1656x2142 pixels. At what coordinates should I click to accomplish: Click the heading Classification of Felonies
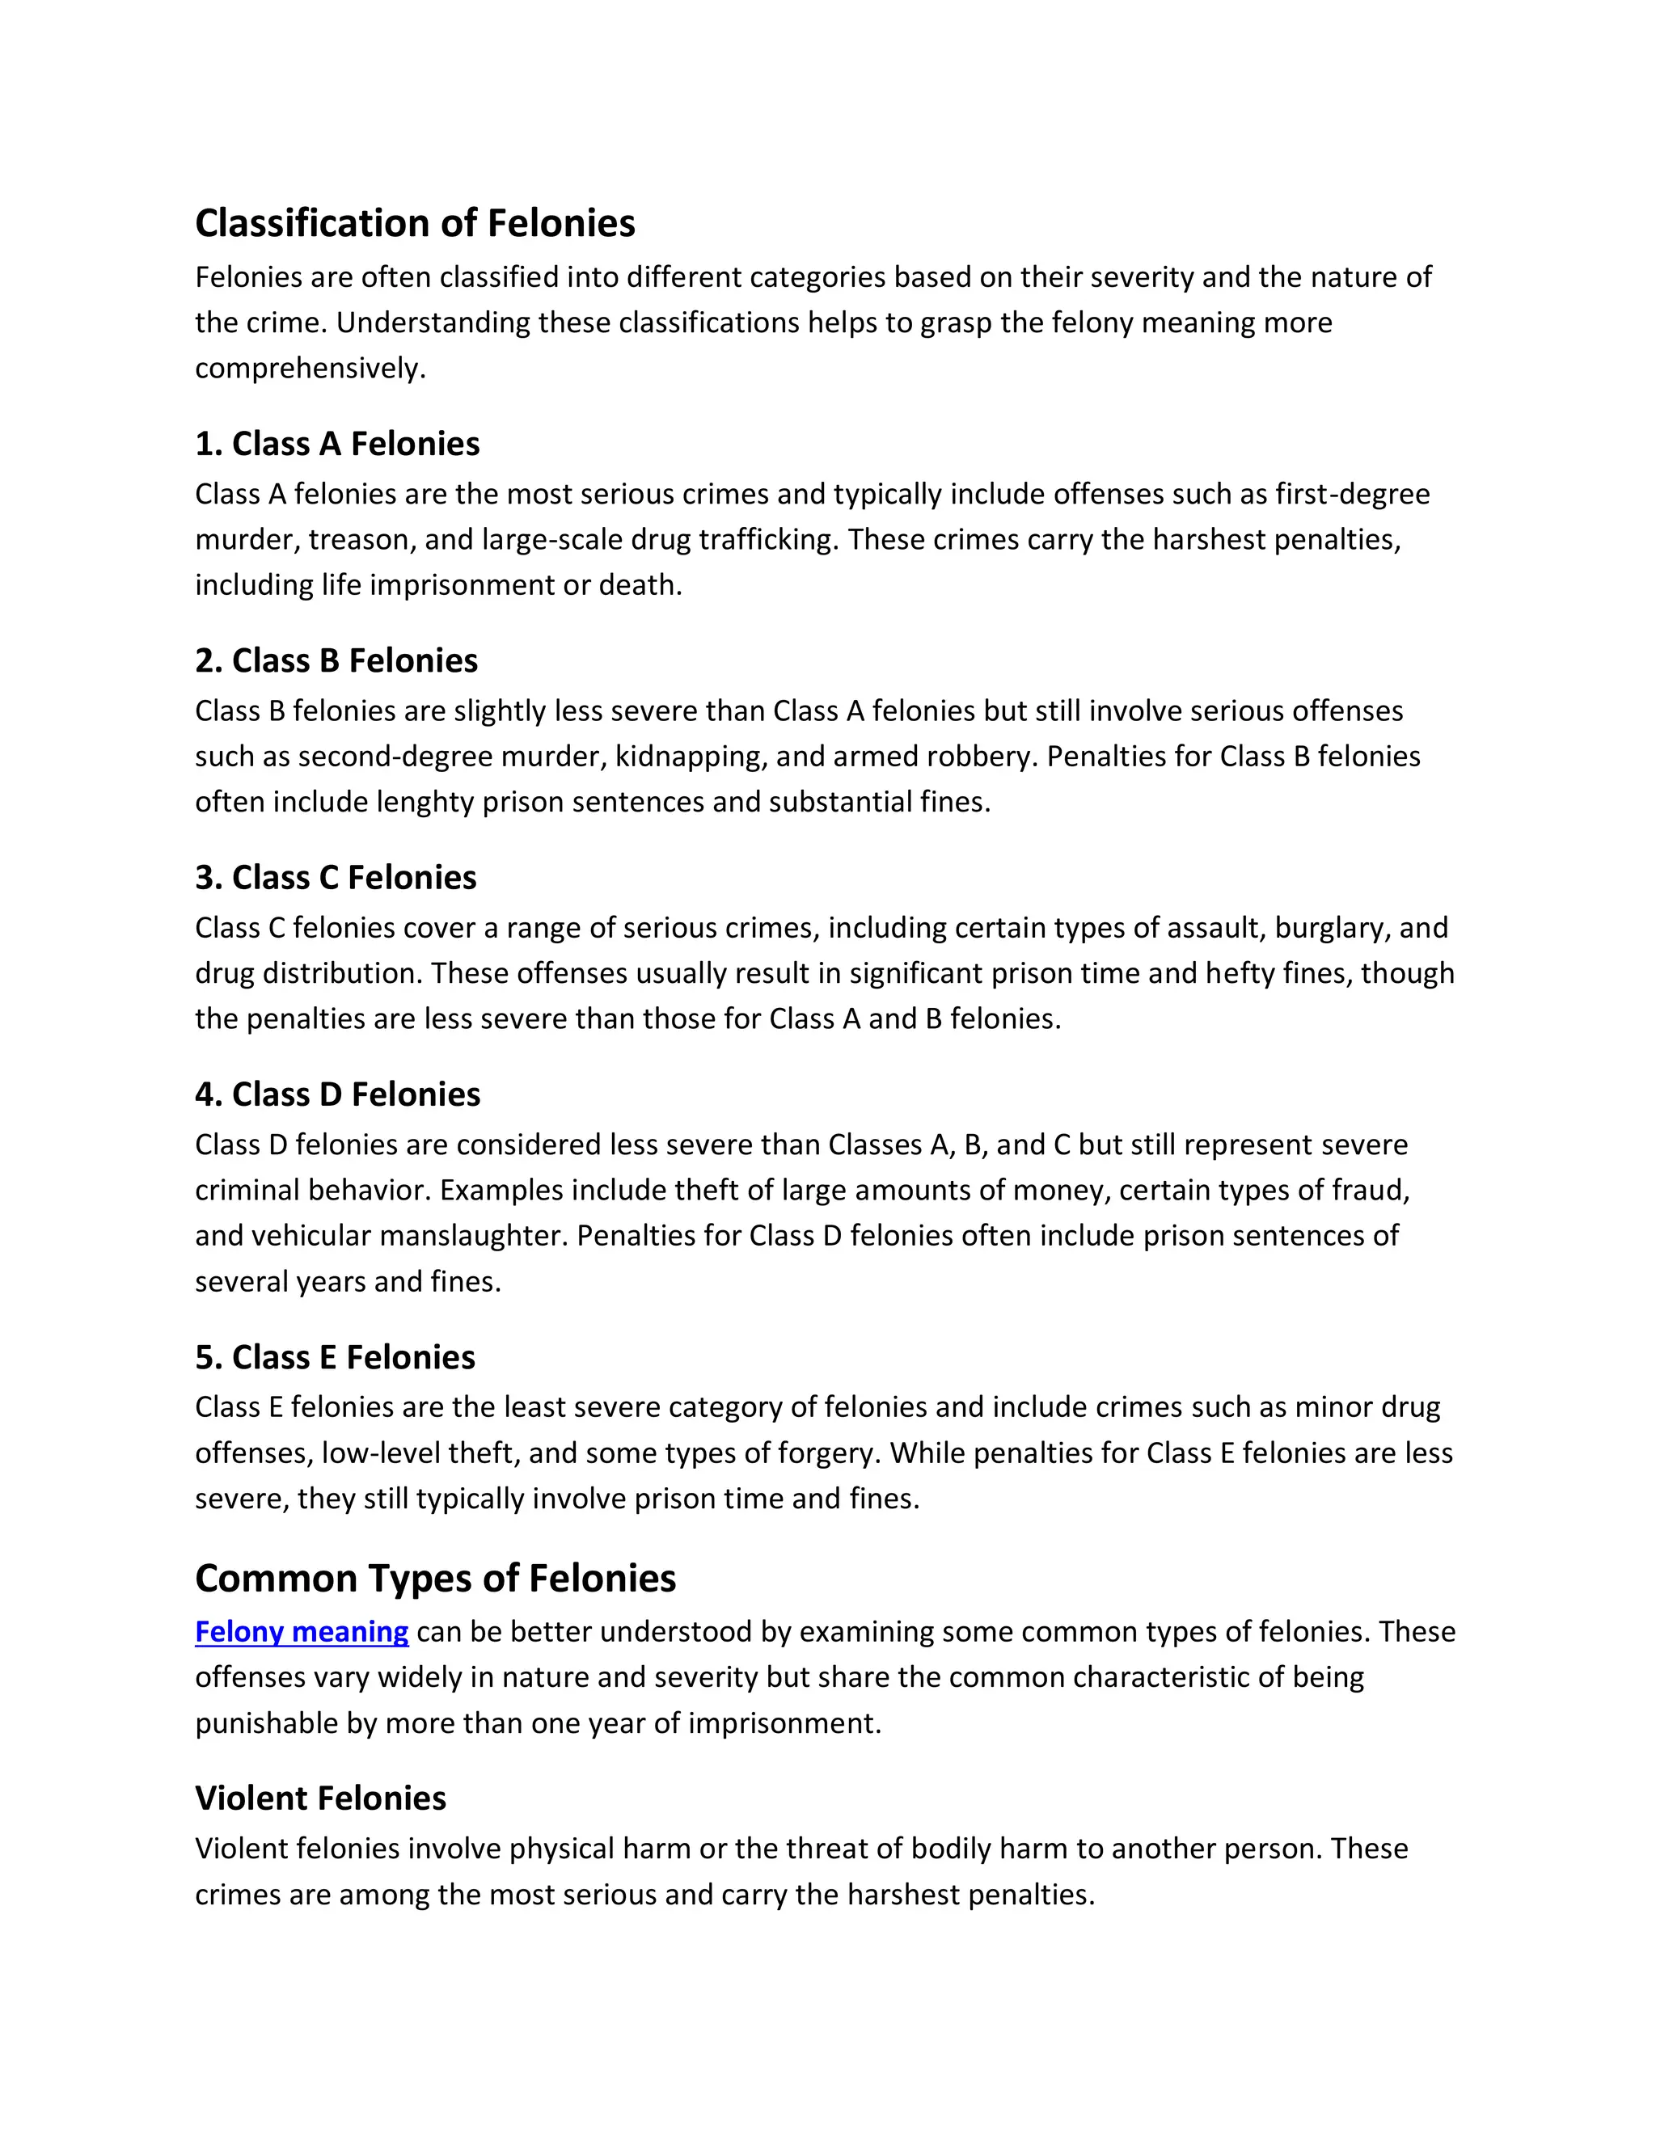415,224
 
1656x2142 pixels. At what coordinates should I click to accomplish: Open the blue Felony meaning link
301,1631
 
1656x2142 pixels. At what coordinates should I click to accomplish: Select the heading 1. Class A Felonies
336,445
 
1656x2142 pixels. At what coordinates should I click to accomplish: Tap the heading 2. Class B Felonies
336,661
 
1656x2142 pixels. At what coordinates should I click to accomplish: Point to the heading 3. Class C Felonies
336,878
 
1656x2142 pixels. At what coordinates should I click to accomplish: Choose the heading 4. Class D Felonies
337,1094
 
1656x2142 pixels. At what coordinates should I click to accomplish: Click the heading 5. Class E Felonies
335,1357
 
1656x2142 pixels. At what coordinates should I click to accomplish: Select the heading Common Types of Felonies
436,1578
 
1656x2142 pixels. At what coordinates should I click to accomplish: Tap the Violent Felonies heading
320,1798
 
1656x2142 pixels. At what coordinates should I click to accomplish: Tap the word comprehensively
310,369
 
